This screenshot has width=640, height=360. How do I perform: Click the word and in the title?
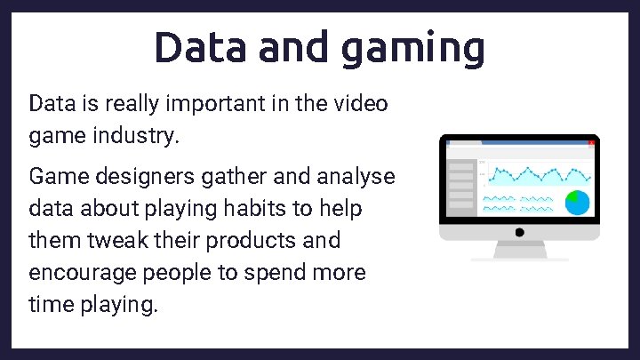(x=294, y=46)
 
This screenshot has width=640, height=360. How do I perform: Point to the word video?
(x=361, y=104)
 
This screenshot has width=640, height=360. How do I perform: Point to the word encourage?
(x=78, y=273)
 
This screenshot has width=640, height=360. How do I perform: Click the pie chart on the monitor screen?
(x=579, y=202)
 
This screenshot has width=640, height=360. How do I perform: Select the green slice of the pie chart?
(x=574, y=196)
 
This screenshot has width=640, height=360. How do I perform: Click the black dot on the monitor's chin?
(x=519, y=232)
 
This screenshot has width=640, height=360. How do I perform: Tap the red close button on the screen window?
(x=590, y=142)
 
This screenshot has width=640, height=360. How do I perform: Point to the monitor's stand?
(x=519, y=252)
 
